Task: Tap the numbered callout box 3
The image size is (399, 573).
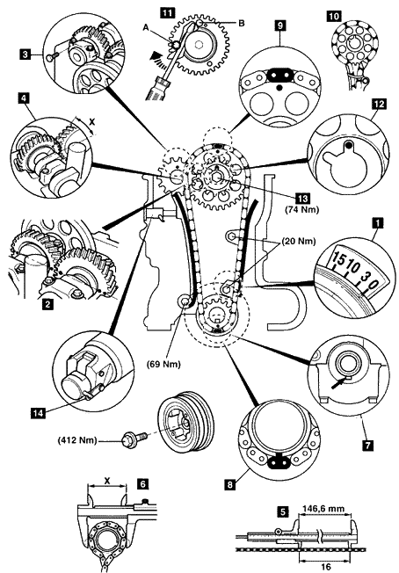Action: point(25,54)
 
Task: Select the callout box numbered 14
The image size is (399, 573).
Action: point(38,413)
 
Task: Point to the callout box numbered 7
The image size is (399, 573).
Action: point(367,445)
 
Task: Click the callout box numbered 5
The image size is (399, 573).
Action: point(282,512)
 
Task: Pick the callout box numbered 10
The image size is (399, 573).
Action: point(334,16)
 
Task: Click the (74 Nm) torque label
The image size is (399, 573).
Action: point(301,210)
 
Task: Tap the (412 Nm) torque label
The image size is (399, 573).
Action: point(77,440)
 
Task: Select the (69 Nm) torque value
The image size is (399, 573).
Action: point(163,365)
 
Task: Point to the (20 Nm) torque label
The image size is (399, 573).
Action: point(298,242)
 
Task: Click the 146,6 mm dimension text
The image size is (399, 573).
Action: point(323,508)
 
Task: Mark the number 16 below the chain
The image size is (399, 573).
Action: point(325,567)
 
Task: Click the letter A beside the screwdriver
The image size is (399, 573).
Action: point(146,28)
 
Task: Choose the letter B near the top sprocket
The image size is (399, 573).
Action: point(241,23)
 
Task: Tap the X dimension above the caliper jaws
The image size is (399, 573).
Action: point(106,481)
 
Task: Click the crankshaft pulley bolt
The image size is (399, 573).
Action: point(134,437)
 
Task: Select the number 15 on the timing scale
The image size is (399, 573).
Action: point(339,260)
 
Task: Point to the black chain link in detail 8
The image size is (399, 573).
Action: point(279,462)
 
